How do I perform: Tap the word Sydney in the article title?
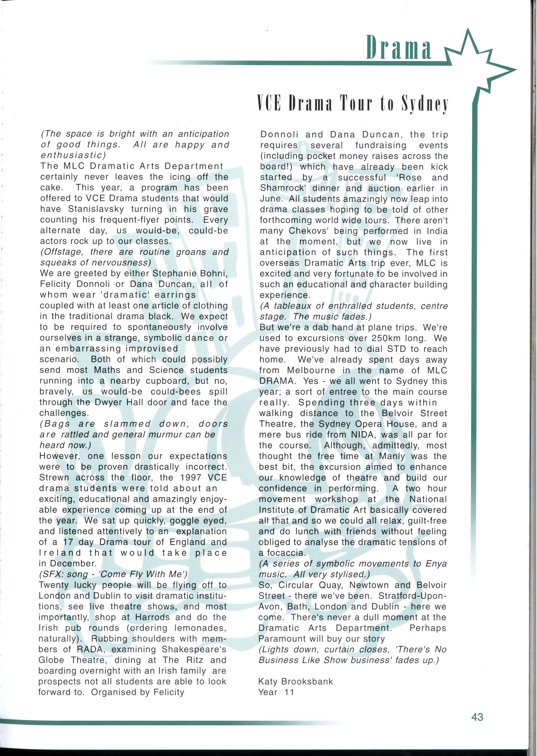[x=425, y=104]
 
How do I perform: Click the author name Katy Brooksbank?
[x=295, y=681]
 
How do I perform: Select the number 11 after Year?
[x=289, y=692]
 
